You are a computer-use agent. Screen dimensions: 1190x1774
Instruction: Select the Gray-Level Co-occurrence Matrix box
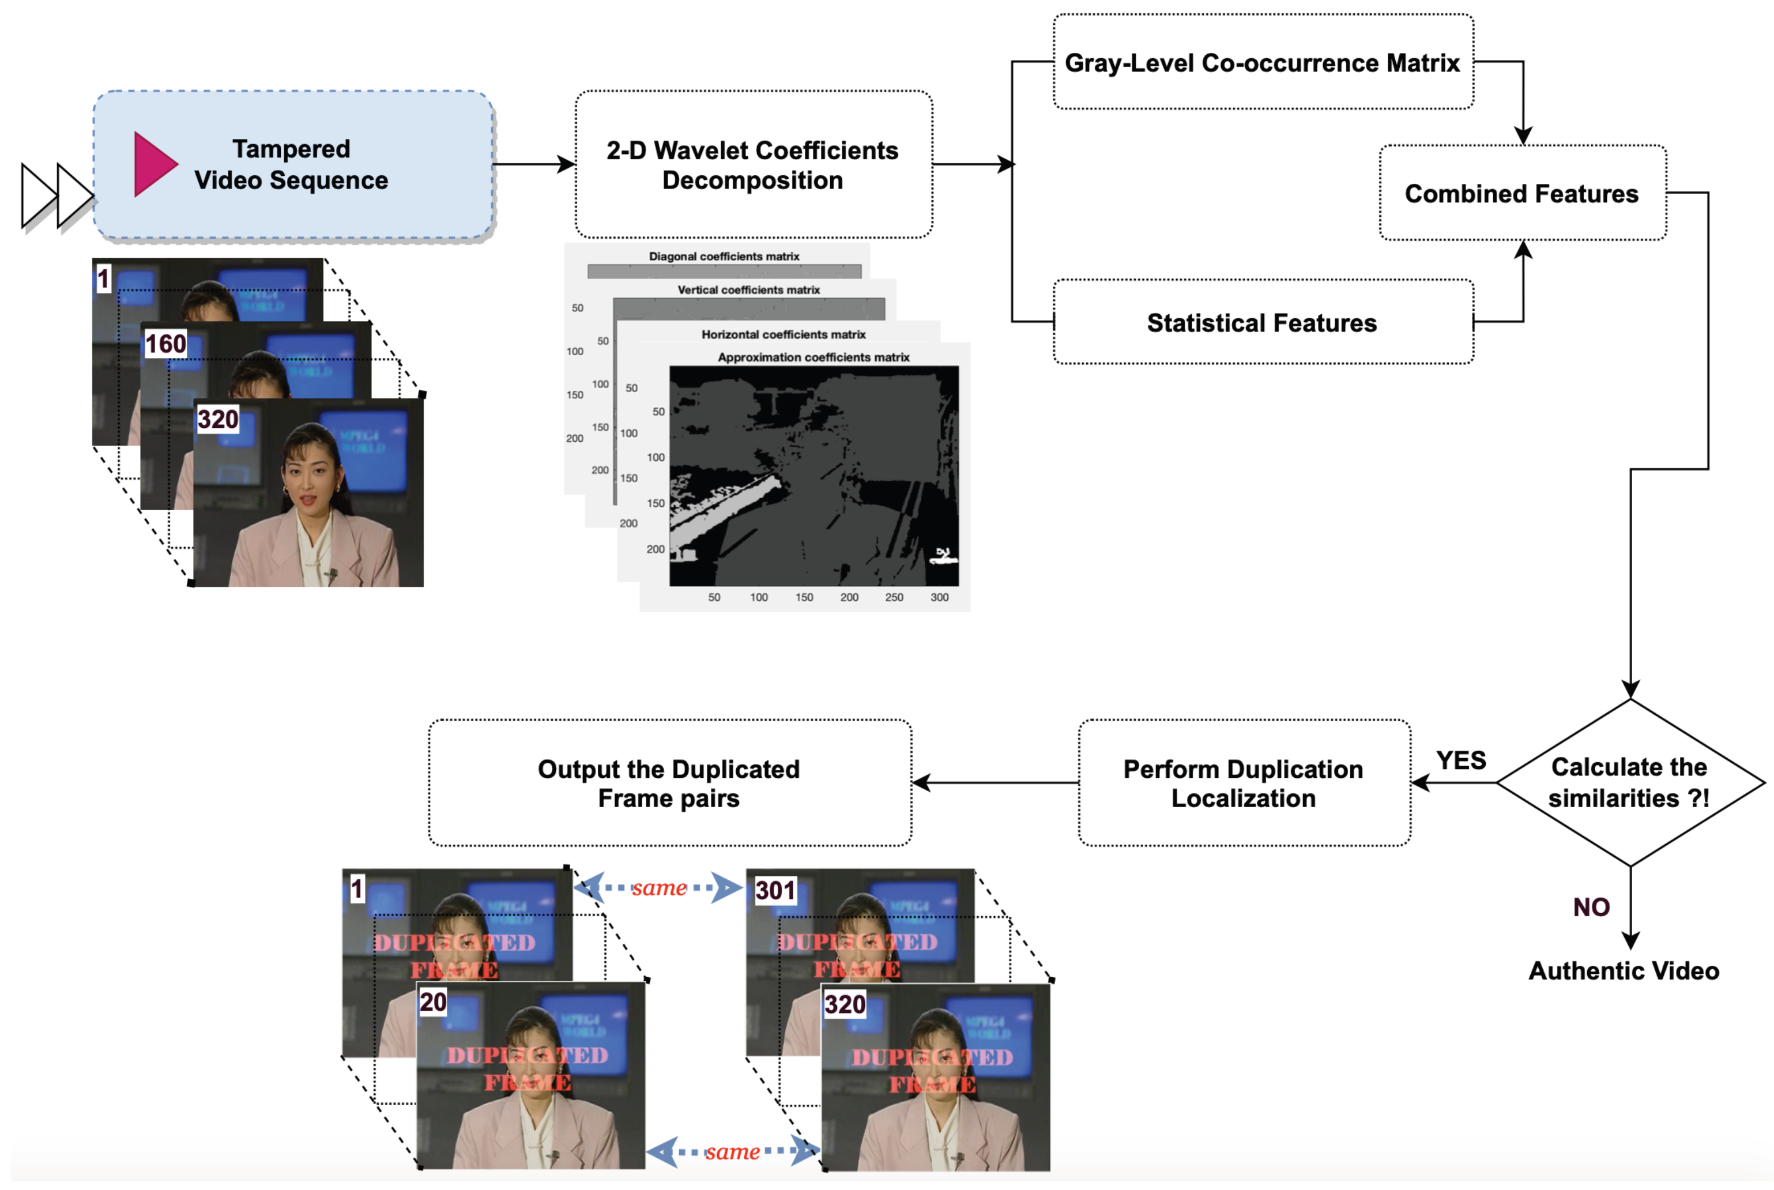[1262, 62]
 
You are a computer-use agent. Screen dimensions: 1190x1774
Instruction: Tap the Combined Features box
[1521, 194]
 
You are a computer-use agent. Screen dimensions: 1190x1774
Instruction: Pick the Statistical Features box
[1262, 322]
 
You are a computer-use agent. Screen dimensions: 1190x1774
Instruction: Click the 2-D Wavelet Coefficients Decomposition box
[753, 165]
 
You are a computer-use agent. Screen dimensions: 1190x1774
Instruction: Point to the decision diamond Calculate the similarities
[1629, 782]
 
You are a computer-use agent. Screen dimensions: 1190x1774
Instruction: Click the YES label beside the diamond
[1460, 760]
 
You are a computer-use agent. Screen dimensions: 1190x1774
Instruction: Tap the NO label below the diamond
[1591, 907]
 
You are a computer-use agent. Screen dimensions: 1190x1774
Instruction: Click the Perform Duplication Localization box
[1243, 782]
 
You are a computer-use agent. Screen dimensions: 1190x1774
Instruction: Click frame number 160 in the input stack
[165, 344]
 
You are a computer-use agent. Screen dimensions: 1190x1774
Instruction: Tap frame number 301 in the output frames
[775, 890]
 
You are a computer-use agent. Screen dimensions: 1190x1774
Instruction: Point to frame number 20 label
[432, 1002]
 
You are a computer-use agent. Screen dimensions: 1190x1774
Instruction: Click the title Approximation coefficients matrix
[813, 357]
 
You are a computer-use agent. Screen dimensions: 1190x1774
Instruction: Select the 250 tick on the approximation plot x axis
[894, 597]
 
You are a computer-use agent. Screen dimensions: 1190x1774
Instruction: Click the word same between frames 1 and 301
[658, 887]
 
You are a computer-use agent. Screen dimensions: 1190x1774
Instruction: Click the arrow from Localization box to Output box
[994, 782]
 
